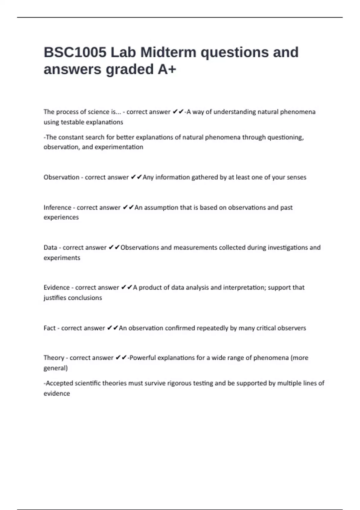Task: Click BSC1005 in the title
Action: pos(75,52)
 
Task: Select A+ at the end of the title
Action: pos(167,69)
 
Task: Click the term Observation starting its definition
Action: pos(61,177)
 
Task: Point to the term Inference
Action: pos(57,208)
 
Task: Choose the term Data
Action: pos(50,247)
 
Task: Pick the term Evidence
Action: pos(57,287)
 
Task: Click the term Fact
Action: pos(49,328)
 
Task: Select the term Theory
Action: pos(54,358)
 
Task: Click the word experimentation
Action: pos(119,147)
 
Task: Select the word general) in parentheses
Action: pos(55,368)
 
